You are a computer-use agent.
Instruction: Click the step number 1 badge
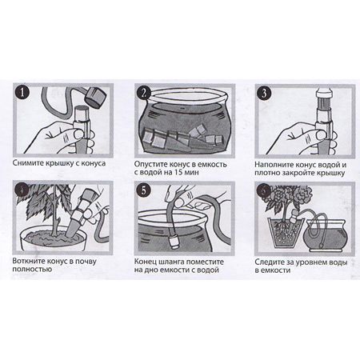[22, 93]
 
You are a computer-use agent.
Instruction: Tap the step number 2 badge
[144, 94]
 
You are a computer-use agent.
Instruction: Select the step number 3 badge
[264, 94]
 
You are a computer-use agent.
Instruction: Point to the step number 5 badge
[144, 190]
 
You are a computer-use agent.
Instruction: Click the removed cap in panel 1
[95, 97]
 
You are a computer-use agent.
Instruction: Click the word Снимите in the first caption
[28, 163]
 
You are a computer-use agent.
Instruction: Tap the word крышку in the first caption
[59, 163]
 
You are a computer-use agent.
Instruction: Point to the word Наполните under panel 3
[274, 165]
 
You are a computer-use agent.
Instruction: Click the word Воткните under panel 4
[28, 262]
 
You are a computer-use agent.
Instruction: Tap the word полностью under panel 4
[32, 270]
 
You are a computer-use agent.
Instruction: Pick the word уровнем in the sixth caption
[314, 262]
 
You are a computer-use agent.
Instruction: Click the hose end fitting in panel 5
[174, 241]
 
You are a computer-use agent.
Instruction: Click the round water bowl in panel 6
[326, 235]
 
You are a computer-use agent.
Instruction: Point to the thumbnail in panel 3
[321, 134]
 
